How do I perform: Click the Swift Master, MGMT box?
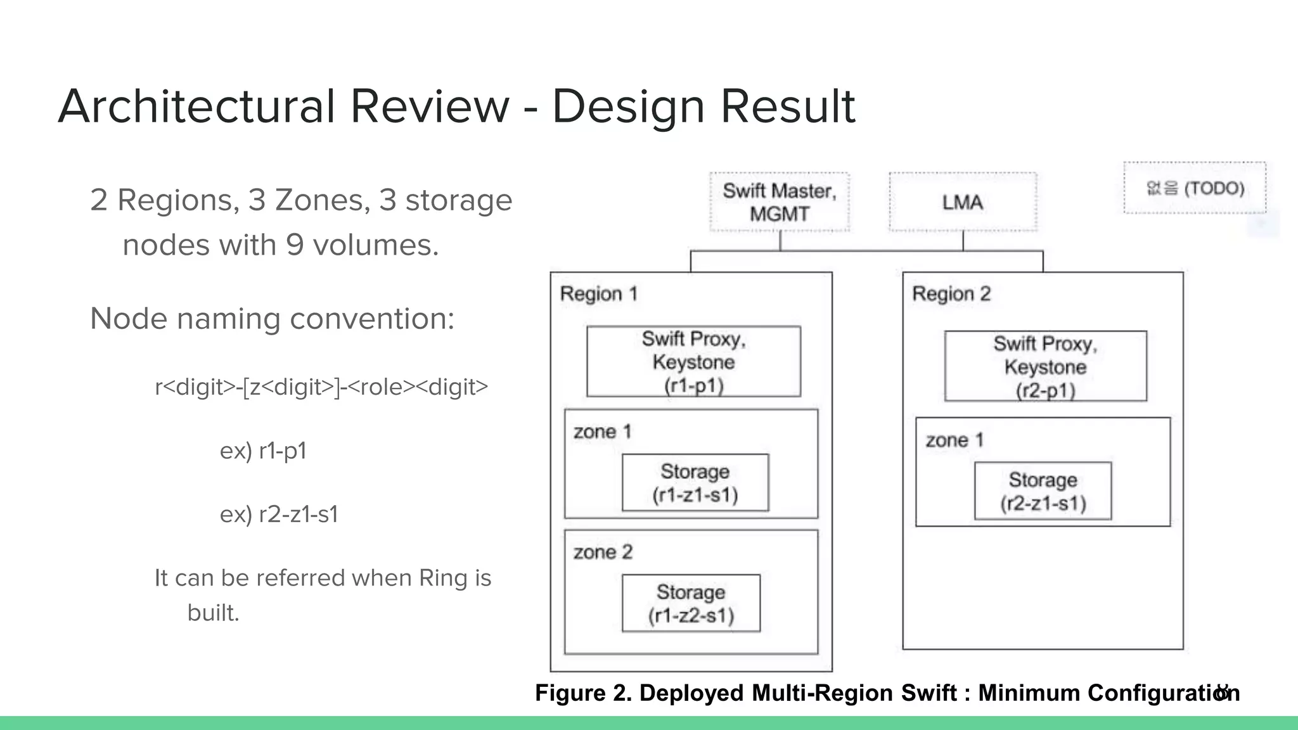tap(779, 202)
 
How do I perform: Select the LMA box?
tap(962, 202)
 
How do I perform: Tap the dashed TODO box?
tap(1195, 188)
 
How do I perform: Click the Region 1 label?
tap(598, 294)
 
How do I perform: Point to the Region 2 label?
tap(951, 294)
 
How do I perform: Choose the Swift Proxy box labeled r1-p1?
tap(693, 362)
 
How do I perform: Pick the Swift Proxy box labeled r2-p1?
tap(1045, 366)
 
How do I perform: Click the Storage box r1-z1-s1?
tap(695, 483)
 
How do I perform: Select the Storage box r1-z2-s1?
tap(691, 603)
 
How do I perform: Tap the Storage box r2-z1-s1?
tap(1043, 491)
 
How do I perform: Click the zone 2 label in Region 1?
tap(603, 553)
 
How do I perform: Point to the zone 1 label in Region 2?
tap(954, 440)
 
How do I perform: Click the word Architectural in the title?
tap(196, 106)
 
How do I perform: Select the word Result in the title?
tap(788, 106)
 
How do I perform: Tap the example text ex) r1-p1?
tap(263, 451)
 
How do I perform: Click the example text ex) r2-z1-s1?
tap(279, 514)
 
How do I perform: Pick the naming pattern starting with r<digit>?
tap(321, 387)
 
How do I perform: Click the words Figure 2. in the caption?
tap(583, 693)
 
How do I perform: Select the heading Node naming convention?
tap(273, 318)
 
